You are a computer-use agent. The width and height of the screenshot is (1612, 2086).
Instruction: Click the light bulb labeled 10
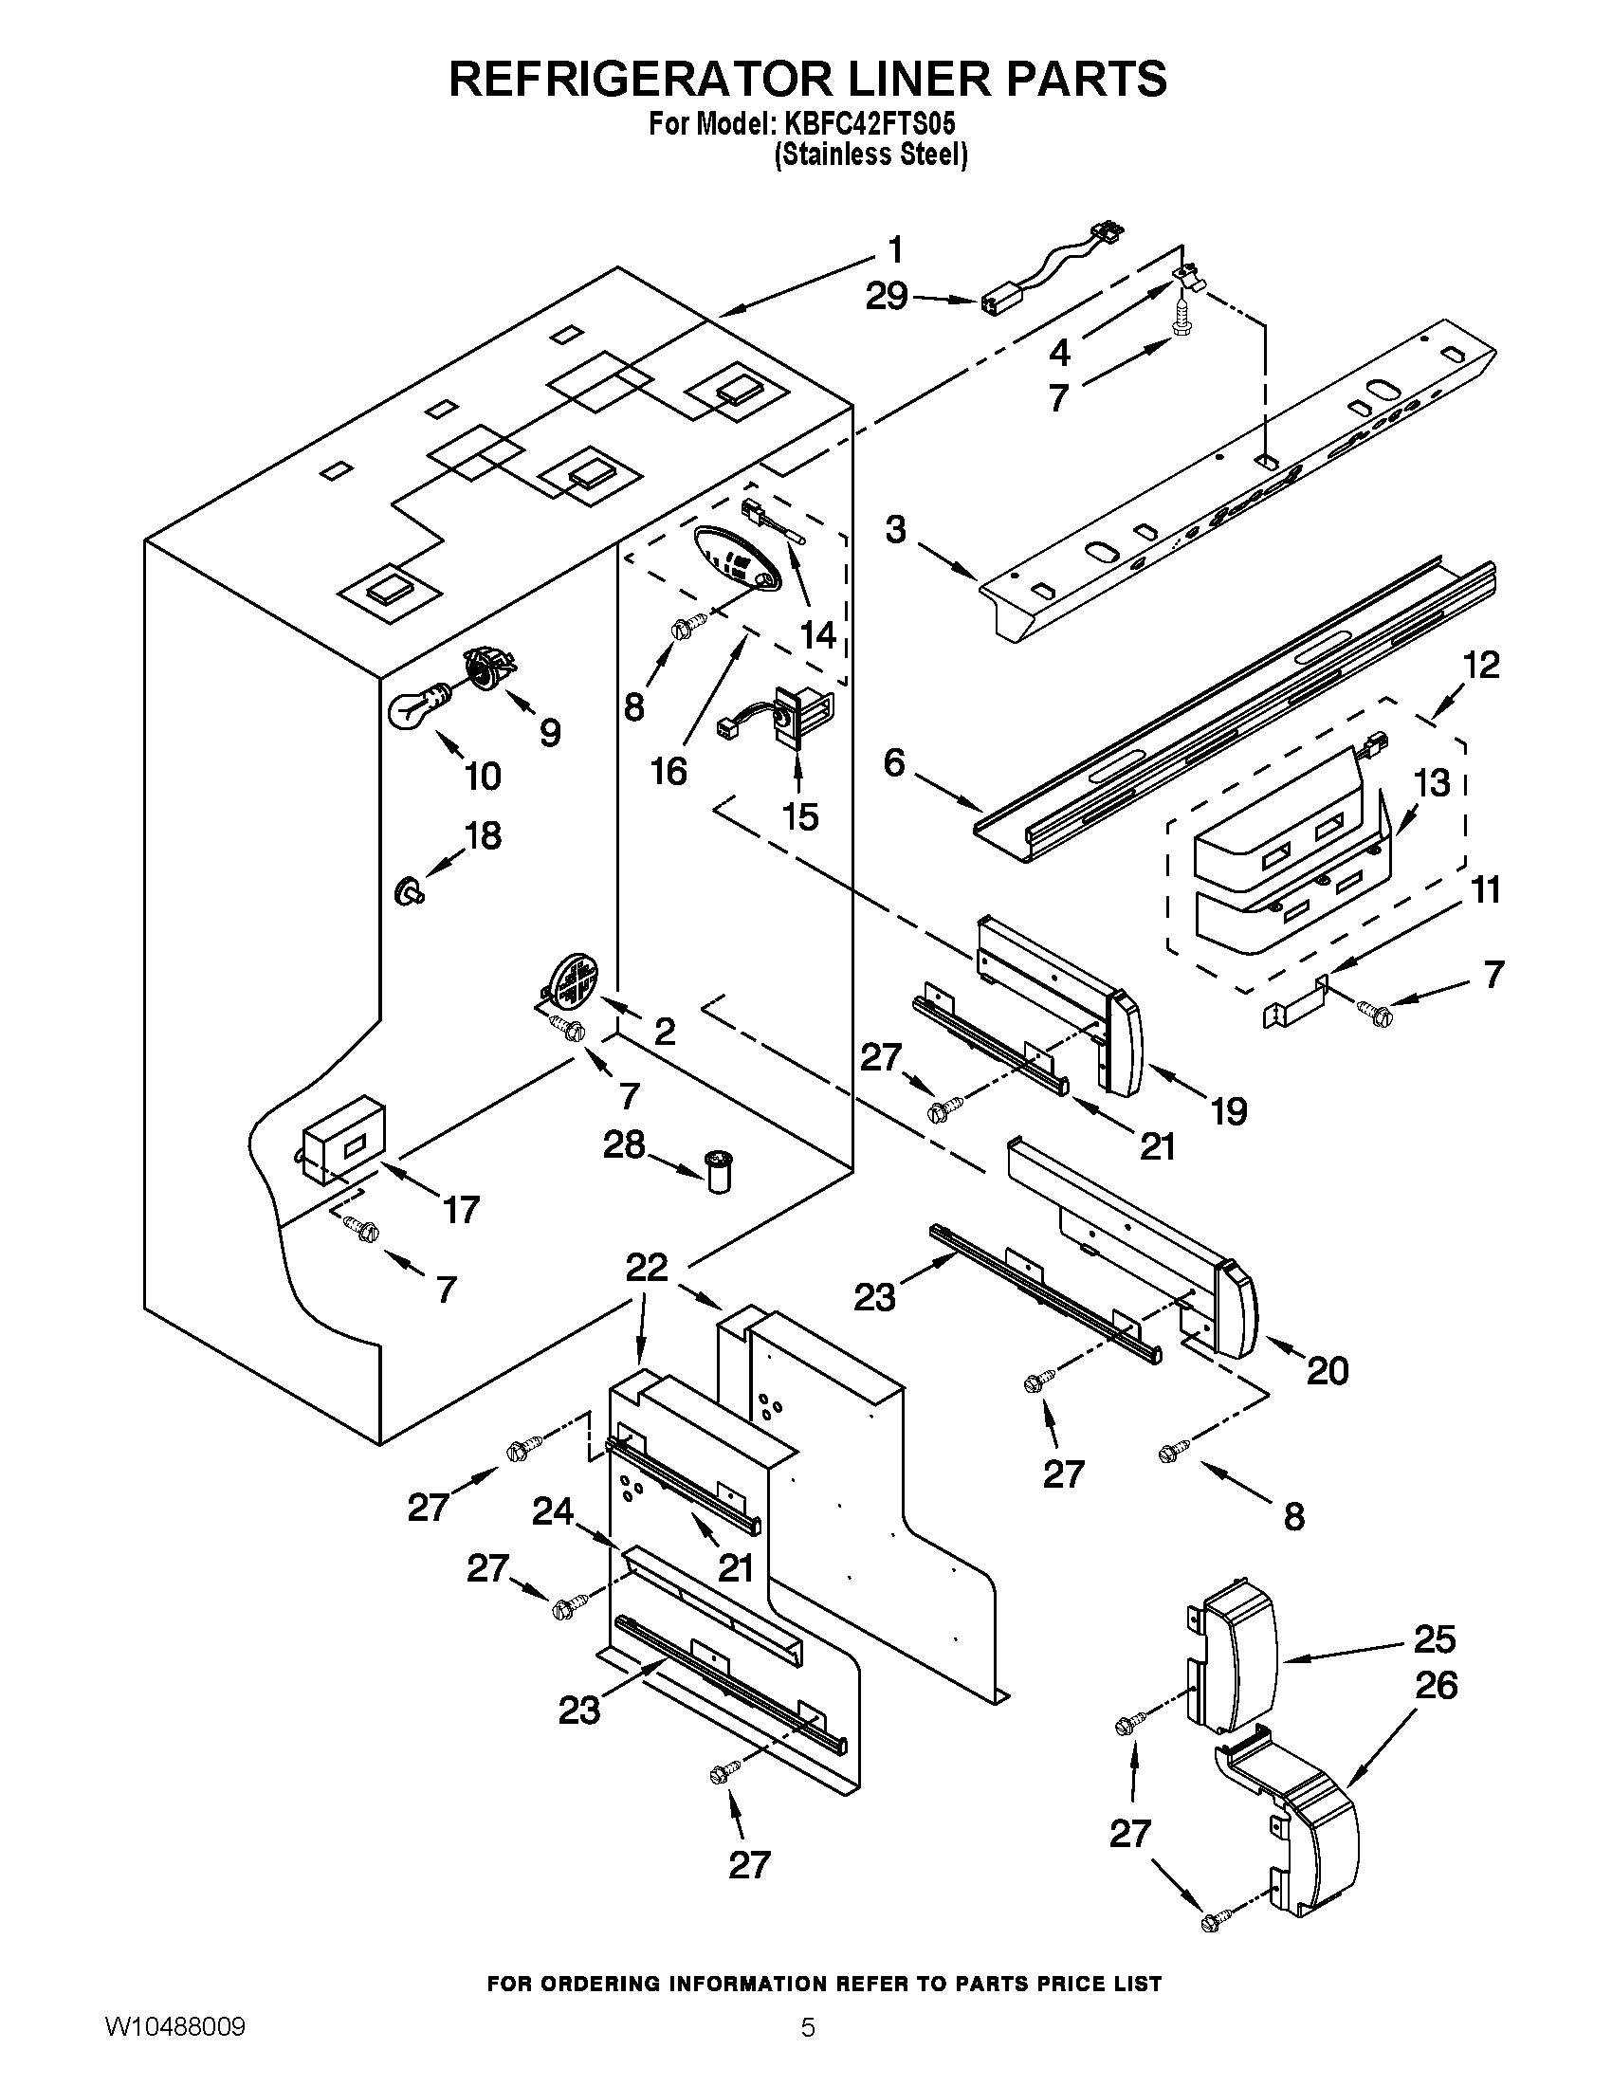tap(417, 706)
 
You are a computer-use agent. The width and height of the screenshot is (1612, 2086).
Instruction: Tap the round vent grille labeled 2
tap(572, 980)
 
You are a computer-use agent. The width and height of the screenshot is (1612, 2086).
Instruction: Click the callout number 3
tap(895, 529)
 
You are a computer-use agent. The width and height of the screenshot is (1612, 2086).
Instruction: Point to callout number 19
tap(1229, 1111)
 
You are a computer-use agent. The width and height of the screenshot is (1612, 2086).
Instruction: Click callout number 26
tap(1436, 1685)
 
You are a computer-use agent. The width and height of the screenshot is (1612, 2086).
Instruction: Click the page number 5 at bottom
tap(807, 2048)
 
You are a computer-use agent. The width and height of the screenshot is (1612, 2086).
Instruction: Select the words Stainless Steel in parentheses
tap(870, 155)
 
